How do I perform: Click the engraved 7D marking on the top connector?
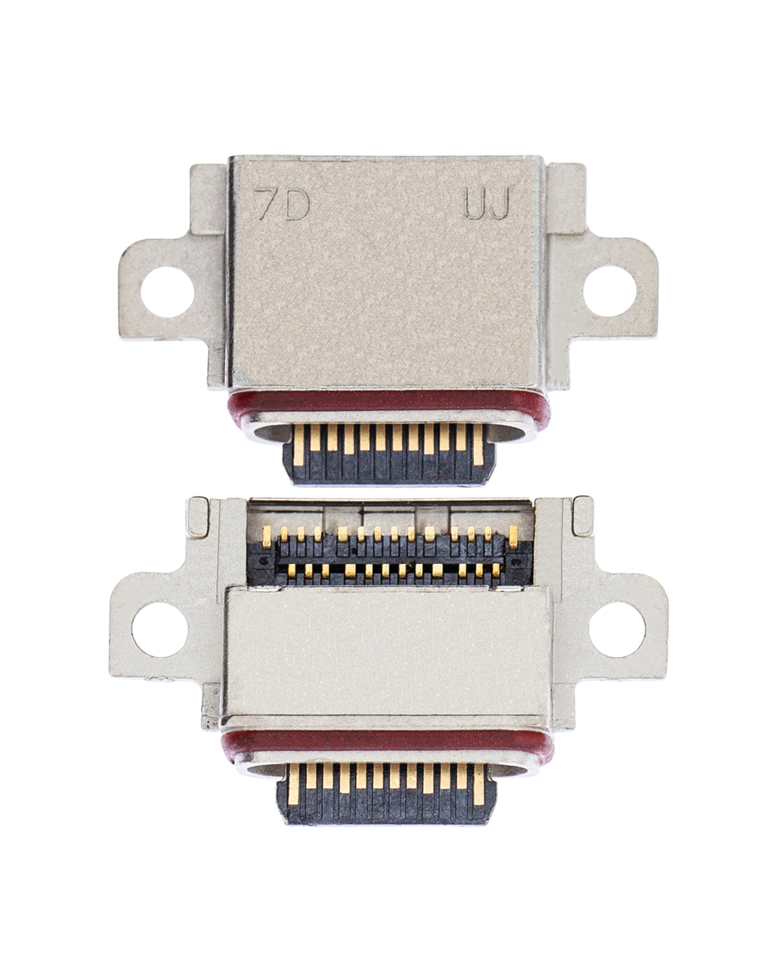click(282, 205)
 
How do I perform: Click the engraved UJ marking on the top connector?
click(487, 205)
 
